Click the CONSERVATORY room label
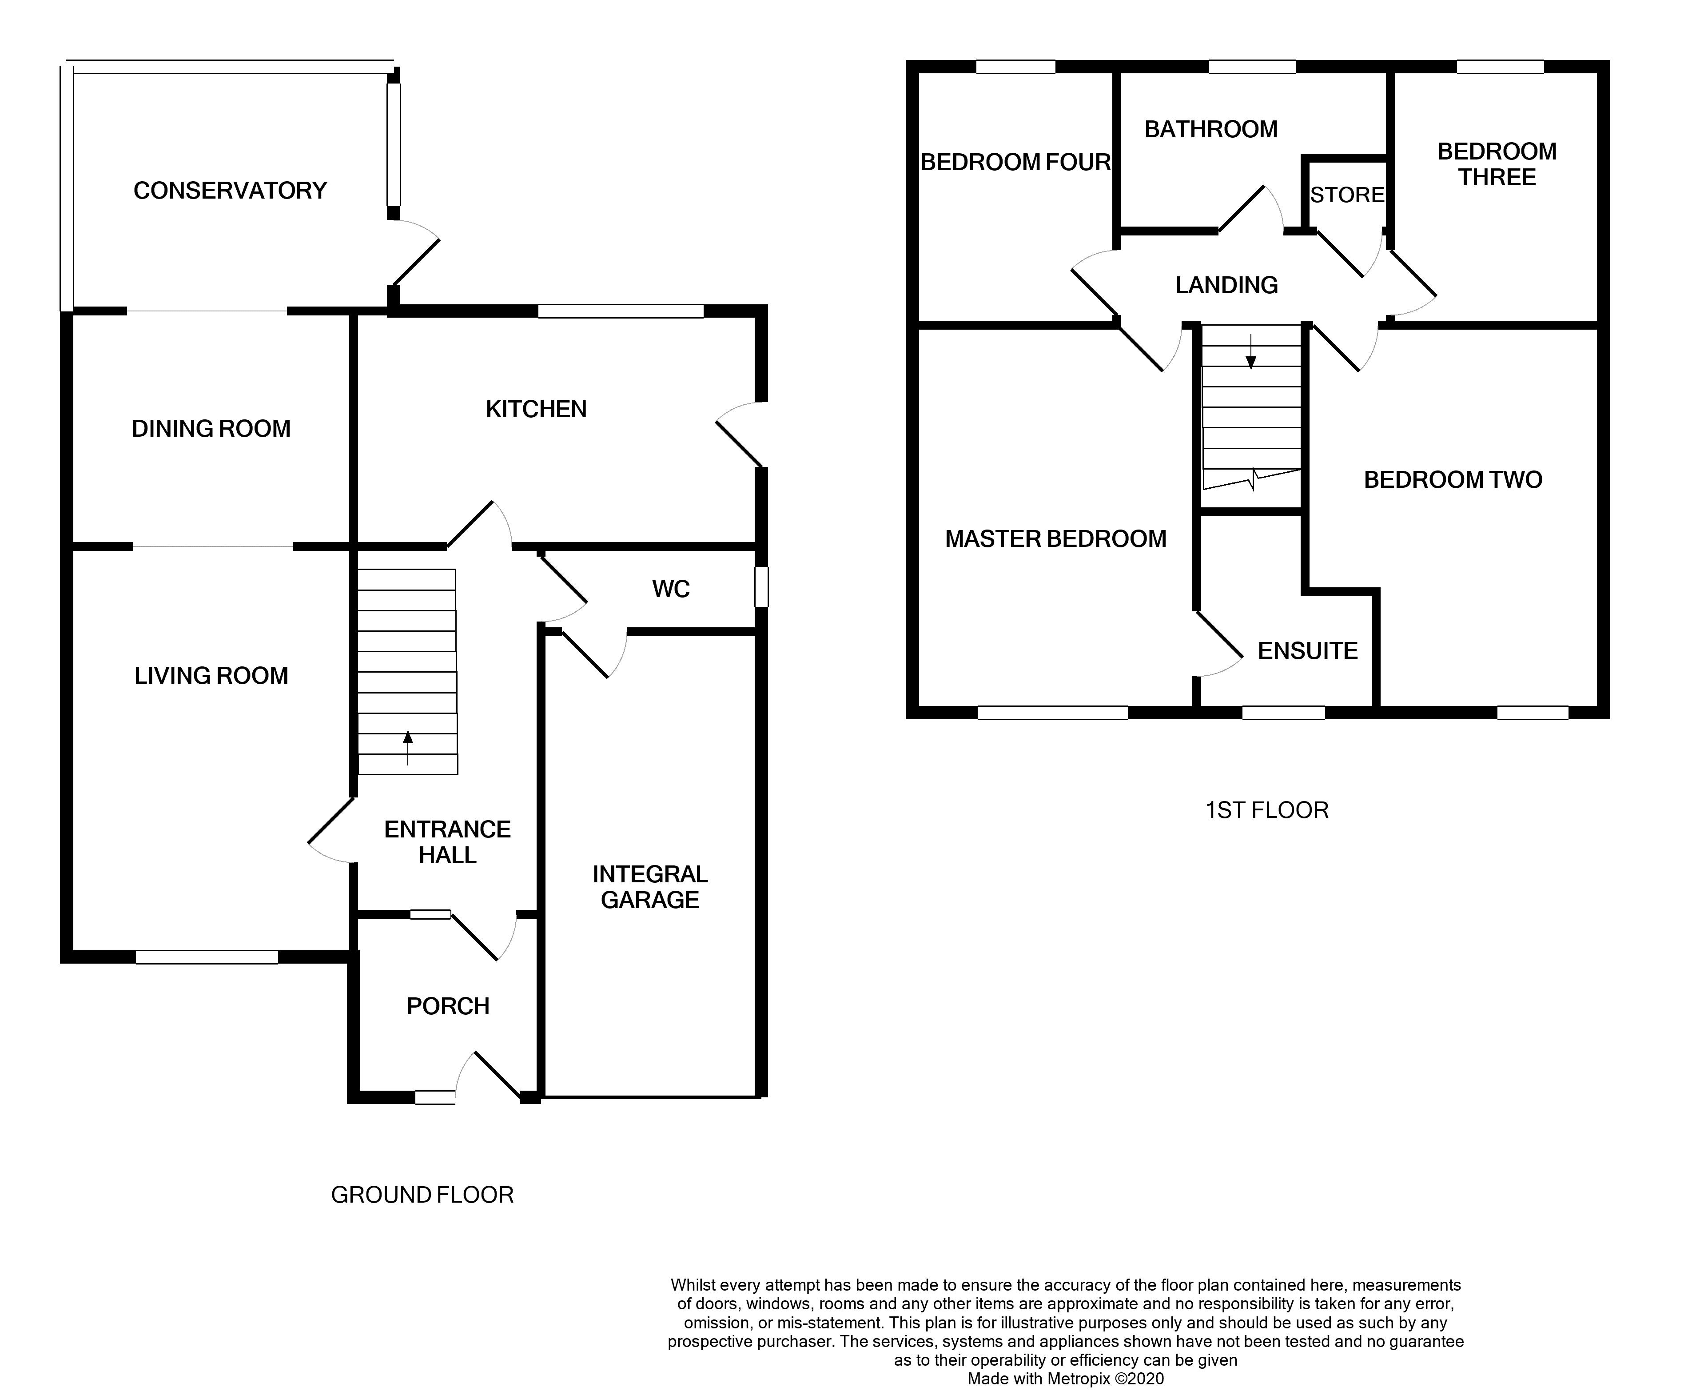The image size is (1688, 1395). (230, 191)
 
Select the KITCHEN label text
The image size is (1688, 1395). (536, 409)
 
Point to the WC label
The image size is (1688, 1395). (671, 589)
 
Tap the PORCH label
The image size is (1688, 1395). (447, 1006)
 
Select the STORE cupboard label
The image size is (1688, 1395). (1346, 195)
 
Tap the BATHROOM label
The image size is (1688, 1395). (1211, 129)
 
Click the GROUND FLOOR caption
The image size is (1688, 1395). (422, 1195)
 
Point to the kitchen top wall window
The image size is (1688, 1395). (620, 311)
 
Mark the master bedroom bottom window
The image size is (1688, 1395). (1052, 712)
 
